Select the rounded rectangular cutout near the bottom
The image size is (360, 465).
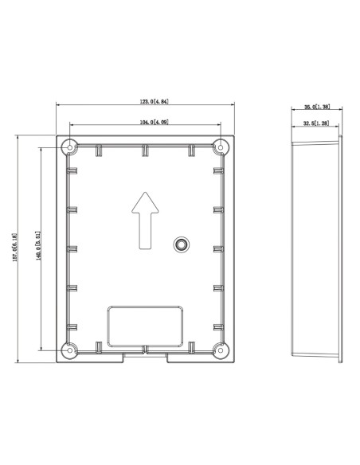tap(145, 325)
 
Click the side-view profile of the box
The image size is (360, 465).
tap(317, 248)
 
